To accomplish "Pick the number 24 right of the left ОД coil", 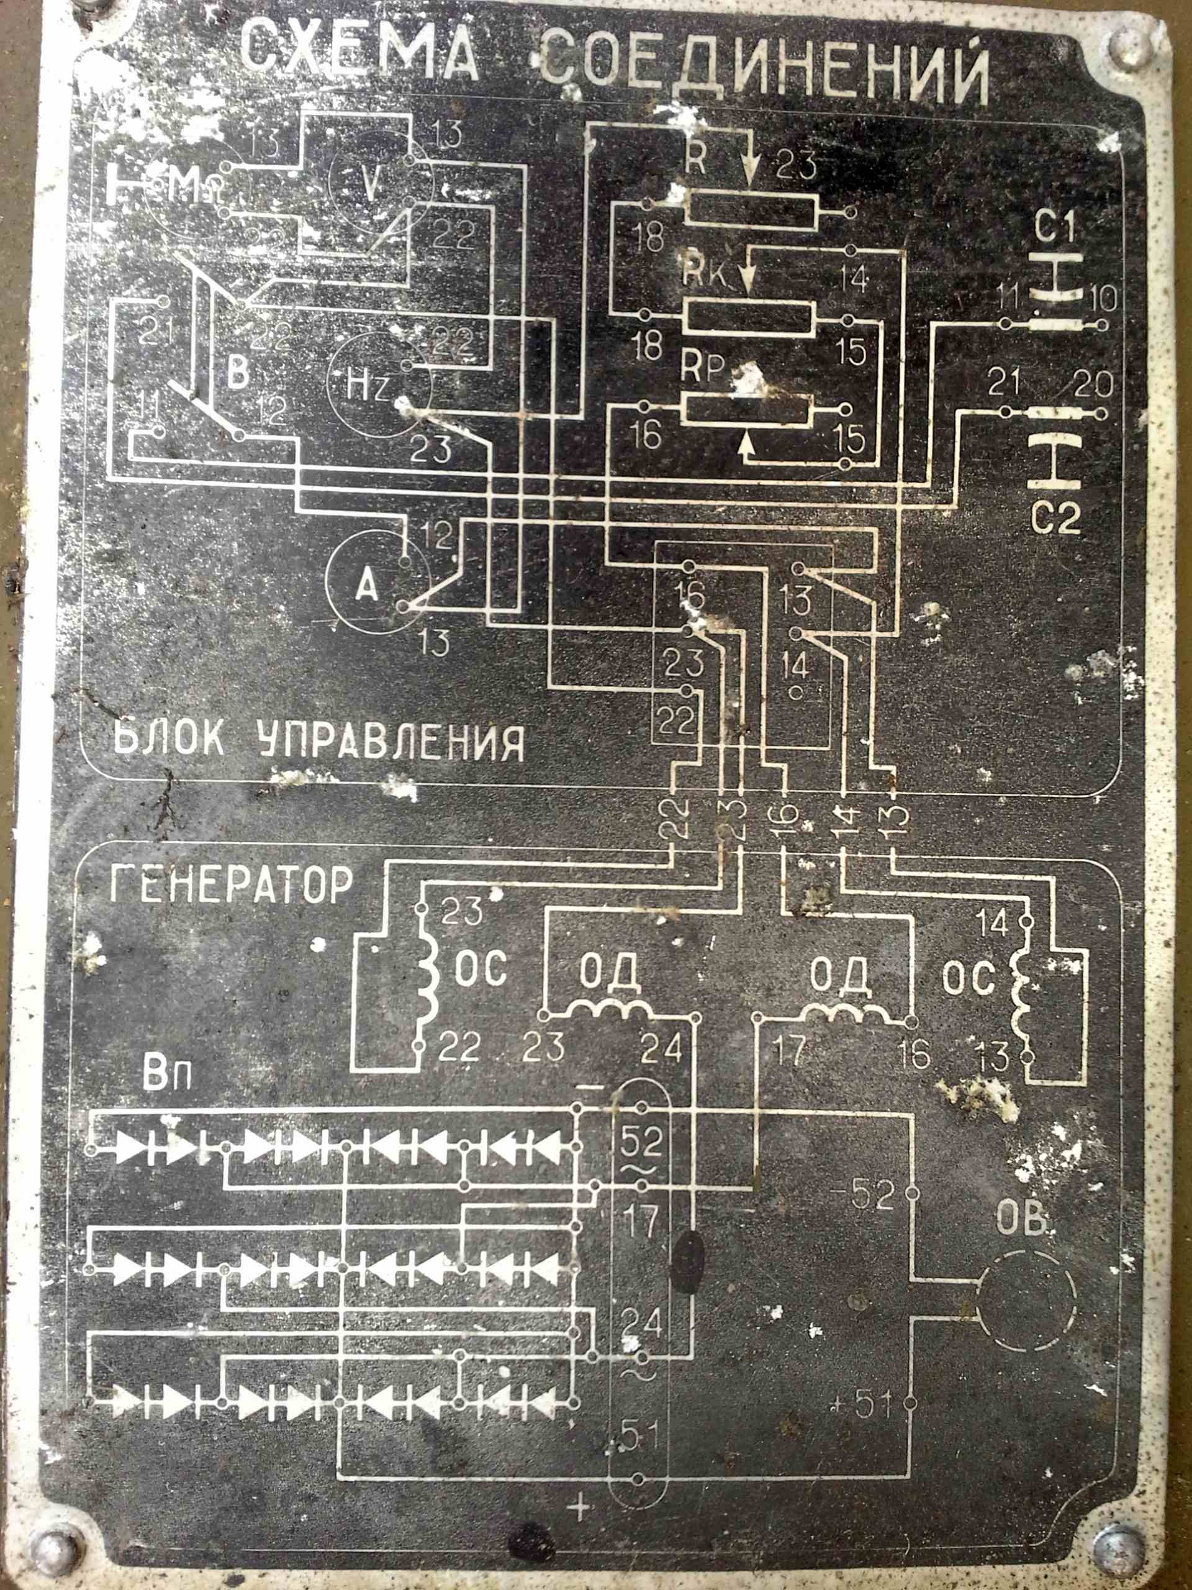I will pos(662,1050).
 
